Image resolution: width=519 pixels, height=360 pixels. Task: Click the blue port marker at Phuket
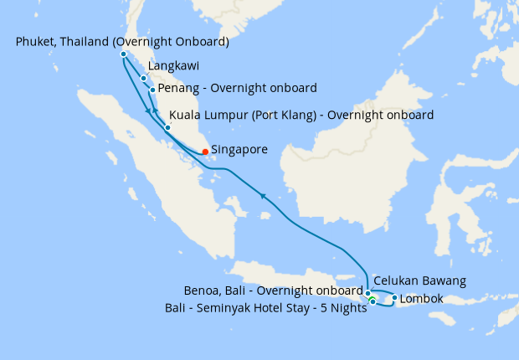click(x=123, y=54)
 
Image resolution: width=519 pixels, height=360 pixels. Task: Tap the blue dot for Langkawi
click(x=144, y=79)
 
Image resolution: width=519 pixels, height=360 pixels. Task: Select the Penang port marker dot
click(x=152, y=89)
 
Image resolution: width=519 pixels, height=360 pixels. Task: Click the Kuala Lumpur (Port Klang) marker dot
click(x=167, y=127)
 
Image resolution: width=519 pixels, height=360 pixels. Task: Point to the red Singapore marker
click(x=205, y=152)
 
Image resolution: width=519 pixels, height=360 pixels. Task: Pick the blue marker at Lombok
click(x=394, y=297)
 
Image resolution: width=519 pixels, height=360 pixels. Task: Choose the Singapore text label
click(x=239, y=150)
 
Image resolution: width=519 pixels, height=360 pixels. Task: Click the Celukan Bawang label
click(x=419, y=280)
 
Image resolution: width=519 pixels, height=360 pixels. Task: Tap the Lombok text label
click(x=422, y=299)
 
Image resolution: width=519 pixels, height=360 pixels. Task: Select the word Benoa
click(x=202, y=291)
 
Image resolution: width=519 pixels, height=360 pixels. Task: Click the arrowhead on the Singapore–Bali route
click(x=264, y=196)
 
